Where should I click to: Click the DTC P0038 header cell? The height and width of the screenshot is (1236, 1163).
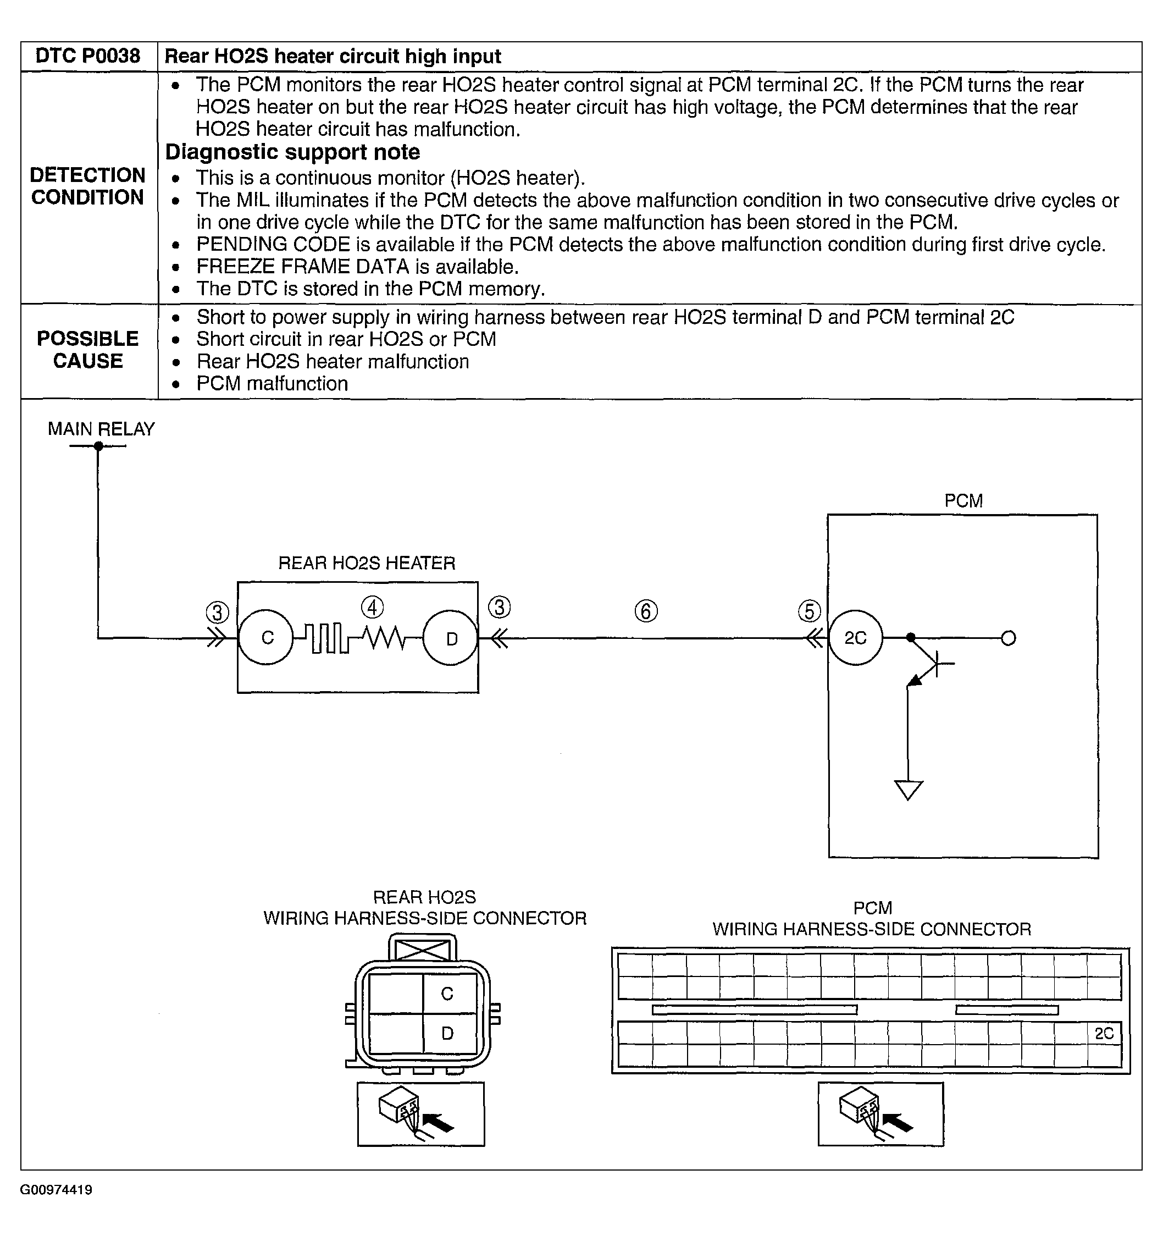pos(87,56)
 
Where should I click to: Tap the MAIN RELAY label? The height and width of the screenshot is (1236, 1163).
pos(101,429)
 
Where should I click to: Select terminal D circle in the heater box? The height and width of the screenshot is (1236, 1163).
pos(451,638)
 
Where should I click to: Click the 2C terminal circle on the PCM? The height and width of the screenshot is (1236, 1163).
pos(855,638)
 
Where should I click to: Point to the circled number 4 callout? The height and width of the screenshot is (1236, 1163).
pos(372,608)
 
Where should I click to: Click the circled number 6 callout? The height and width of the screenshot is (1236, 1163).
pos(646,611)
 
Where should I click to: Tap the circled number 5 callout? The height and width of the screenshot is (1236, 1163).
pos(808,611)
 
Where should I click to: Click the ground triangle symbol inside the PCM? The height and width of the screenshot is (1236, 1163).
pos(907,790)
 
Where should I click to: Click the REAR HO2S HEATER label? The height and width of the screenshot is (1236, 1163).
pos(366,563)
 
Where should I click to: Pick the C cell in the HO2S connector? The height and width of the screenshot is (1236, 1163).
pos(447,994)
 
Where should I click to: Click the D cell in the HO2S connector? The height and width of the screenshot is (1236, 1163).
pos(447,1033)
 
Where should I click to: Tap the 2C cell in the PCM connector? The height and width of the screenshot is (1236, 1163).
pos(1104,1033)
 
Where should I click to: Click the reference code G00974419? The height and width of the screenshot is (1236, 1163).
pos(56,1190)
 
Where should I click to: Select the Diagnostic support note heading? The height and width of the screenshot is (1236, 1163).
pos(292,152)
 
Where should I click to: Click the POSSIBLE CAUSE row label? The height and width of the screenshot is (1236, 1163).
pos(87,350)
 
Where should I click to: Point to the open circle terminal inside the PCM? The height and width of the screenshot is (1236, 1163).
pos(1008,638)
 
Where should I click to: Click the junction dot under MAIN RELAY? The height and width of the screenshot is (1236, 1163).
pos(98,446)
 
